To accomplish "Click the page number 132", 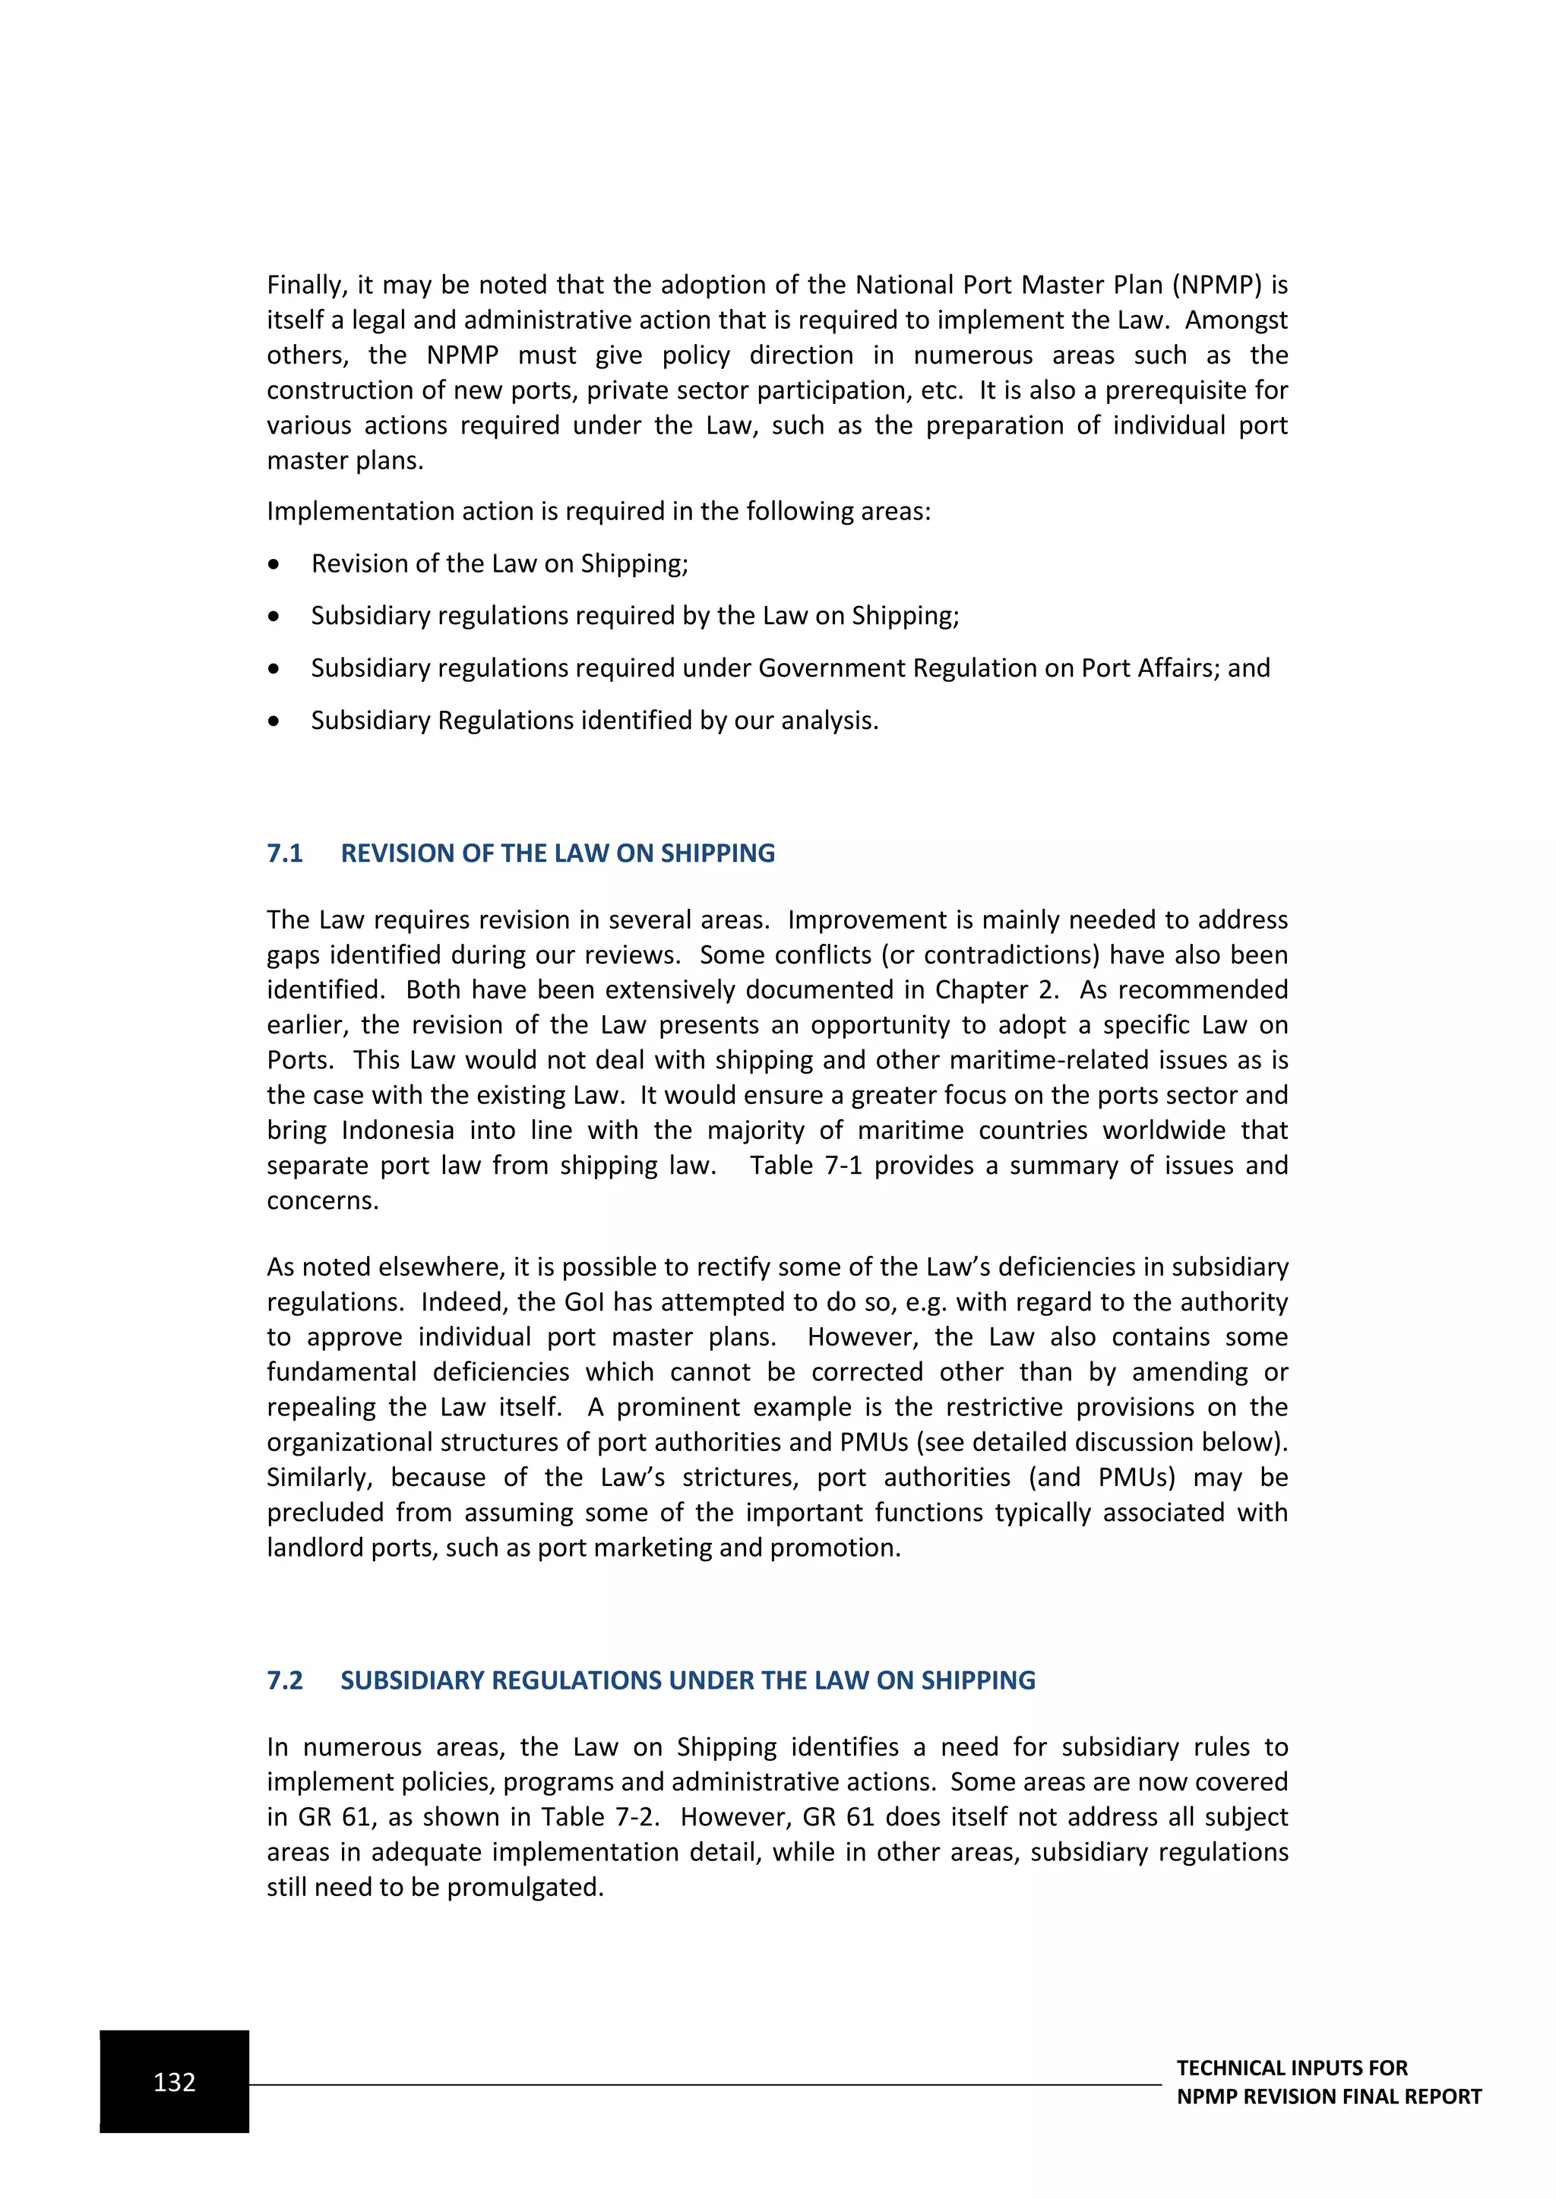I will (x=175, y=2082).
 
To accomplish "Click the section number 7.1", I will (x=285, y=853).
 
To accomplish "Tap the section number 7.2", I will (x=285, y=1680).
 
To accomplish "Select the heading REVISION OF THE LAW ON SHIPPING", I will (x=558, y=853).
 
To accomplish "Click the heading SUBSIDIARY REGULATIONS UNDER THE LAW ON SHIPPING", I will (x=688, y=1680).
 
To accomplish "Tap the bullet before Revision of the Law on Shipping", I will (x=274, y=565).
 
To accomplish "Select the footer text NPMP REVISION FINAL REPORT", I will (x=1328, y=2096).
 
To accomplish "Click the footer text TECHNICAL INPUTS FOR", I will (x=1292, y=2068).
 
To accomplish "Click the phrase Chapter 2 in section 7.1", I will (x=997, y=989).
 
